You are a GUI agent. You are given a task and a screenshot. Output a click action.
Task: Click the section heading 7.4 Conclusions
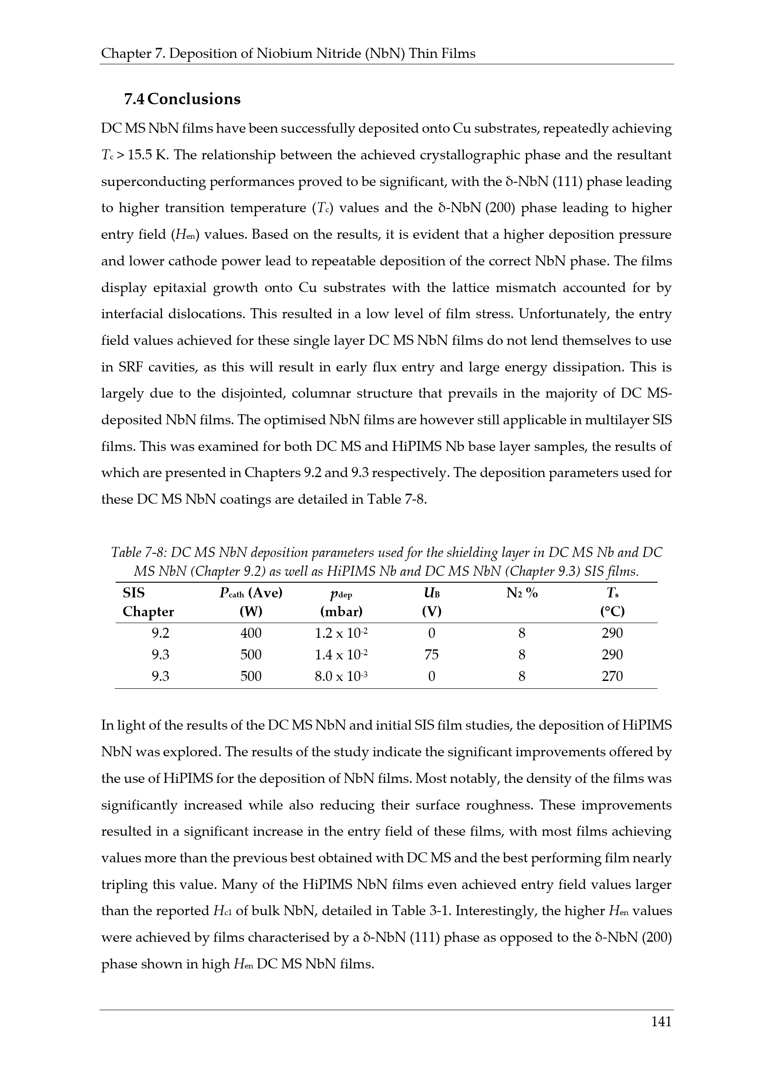(x=182, y=99)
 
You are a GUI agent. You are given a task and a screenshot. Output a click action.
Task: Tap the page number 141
(x=661, y=1034)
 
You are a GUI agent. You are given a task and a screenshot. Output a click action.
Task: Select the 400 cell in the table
(x=251, y=633)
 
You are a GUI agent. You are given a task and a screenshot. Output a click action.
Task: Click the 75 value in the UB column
(x=431, y=654)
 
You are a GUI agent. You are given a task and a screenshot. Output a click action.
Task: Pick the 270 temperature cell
(x=612, y=676)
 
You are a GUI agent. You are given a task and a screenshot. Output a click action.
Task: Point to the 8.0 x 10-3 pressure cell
(x=341, y=676)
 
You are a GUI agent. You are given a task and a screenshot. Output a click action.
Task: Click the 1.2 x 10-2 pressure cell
(x=341, y=633)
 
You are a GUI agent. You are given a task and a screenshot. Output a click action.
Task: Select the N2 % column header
(x=522, y=594)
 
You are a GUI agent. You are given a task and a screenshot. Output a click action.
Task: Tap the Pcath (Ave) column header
(x=251, y=594)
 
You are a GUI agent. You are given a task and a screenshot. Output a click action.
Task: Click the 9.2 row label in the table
(x=160, y=633)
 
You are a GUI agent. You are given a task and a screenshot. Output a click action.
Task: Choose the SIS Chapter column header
(x=148, y=602)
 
